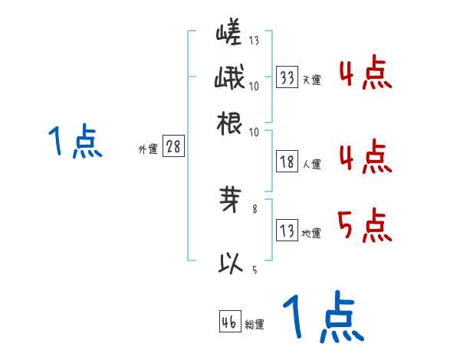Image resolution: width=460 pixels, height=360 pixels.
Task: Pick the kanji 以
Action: [x=231, y=264]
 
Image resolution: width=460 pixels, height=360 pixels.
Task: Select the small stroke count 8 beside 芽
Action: [x=255, y=208]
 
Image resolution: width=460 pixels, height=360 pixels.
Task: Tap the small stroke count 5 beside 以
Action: [x=255, y=270]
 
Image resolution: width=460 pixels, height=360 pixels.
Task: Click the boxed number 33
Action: [x=287, y=77]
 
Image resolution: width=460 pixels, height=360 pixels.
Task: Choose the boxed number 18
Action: [x=287, y=162]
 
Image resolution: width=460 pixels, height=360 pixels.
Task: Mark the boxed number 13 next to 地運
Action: [x=287, y=231]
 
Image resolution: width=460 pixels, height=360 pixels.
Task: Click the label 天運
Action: [x=311, y=80]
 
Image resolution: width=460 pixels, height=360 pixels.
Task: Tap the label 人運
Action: [x=311, y=163]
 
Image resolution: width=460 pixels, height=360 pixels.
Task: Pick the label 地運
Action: [x=311, y=233]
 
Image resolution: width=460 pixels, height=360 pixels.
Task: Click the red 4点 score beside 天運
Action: [x=364, y=75]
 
